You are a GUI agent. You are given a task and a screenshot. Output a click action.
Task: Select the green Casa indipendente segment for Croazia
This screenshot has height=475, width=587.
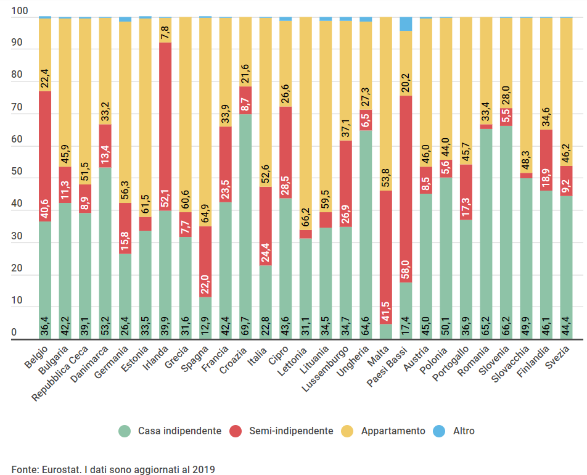click(x=245, y=226)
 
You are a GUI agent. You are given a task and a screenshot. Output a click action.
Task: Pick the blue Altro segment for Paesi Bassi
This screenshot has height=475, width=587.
click(x=406, y=24)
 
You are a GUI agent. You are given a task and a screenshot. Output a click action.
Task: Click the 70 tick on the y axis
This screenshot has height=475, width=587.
click(x=18, y=107)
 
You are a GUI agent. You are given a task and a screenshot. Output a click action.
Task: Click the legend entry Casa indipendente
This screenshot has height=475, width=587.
click(x=179, y=431)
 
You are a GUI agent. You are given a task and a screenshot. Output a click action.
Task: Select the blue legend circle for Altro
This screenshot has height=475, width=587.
click(x=438, y=431)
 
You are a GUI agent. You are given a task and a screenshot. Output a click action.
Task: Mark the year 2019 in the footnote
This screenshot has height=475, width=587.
click(x=203, y=469)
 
